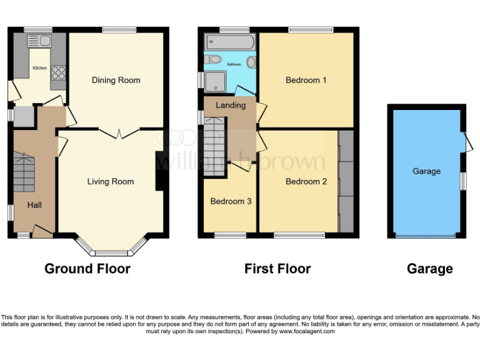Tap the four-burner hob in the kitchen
pyautogui.click(x=58, y=72)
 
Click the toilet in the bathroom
pyautogui.click(x=214, y=60)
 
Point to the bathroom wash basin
pyautogui.click(x=251, y=62)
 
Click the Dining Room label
pyautogui.click(x=116, y=80)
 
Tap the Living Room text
pyautogui.click(x=111, y=182)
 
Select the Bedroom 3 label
pyautogui.click(x=231, y=201)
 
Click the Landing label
pyautogui.click(x=231, y=105)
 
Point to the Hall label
pyautogui.click(x=34, y=205)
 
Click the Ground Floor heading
pyautogui.click(x=87, y=269)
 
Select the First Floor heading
pyautogui.click(x=277, y=269)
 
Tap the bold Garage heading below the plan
pyautogui.click(x=429, y=269)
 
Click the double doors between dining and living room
pyautogui.click(x=119, y=132)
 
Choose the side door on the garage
pyautogui.click(x=467, y=142)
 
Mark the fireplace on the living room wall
pyautogui.click(x=159, y=171)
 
